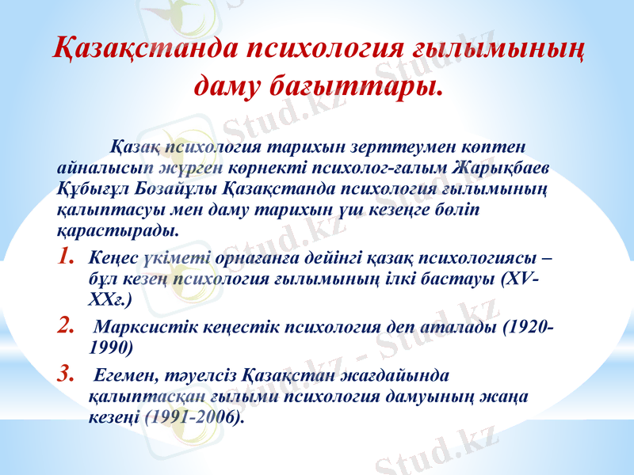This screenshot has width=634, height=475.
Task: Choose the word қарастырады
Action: tap(116, 230)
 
